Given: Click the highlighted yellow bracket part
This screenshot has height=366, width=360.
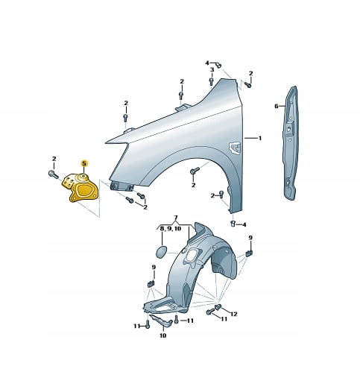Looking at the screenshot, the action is click(x=80, y=188).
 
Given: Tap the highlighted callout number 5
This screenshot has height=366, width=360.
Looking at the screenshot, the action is click(x=84, y=163).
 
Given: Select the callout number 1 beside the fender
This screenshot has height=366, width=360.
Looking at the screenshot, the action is click(x=260, y=138).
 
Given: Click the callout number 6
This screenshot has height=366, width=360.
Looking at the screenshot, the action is click(x=277, y=106).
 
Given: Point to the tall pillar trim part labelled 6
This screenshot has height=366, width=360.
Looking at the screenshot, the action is click(x=291, y=143).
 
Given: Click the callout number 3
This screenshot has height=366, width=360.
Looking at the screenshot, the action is click(x=212, y=70).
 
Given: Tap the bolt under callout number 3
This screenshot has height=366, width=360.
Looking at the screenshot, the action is click(x=211, y=81).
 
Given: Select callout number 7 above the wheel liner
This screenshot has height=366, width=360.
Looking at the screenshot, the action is click(x=176, y=218).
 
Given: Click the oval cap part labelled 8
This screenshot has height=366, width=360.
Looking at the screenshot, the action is click(x=162, y=251).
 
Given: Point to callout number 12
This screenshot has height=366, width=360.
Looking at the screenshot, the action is click(x=234, y=315).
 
